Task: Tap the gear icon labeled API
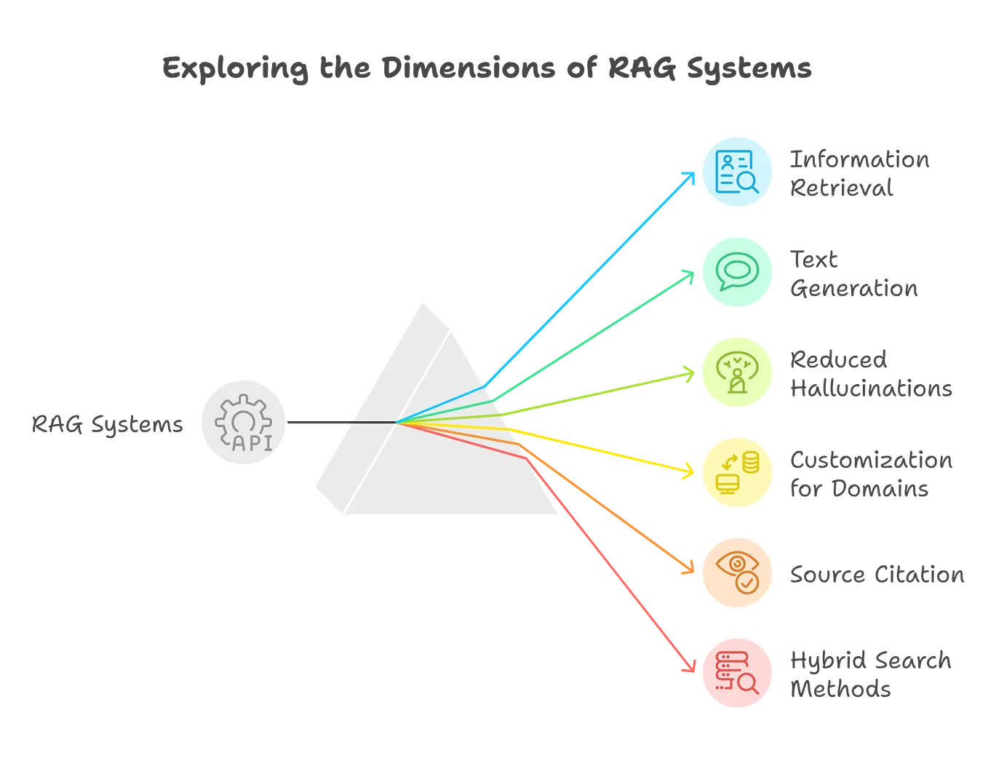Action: click(244, 423)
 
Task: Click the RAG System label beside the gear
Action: click(107, 424)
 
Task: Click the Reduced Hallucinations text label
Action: click(869, 373)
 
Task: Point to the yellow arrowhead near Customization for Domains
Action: click(687, 471)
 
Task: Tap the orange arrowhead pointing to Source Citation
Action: click(685, 567)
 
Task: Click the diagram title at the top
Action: click(485, 68)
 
